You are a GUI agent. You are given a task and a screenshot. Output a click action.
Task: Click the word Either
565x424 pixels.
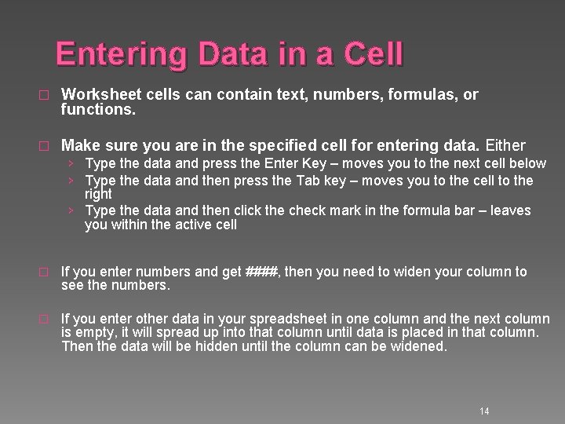tap(506, 145)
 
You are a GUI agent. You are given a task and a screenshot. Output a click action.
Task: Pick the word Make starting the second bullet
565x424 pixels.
tap(78, 145)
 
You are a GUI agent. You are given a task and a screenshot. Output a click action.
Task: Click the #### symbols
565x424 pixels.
tap(261, 272)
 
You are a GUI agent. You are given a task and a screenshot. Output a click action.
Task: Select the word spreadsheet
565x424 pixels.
tap(262, 319)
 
